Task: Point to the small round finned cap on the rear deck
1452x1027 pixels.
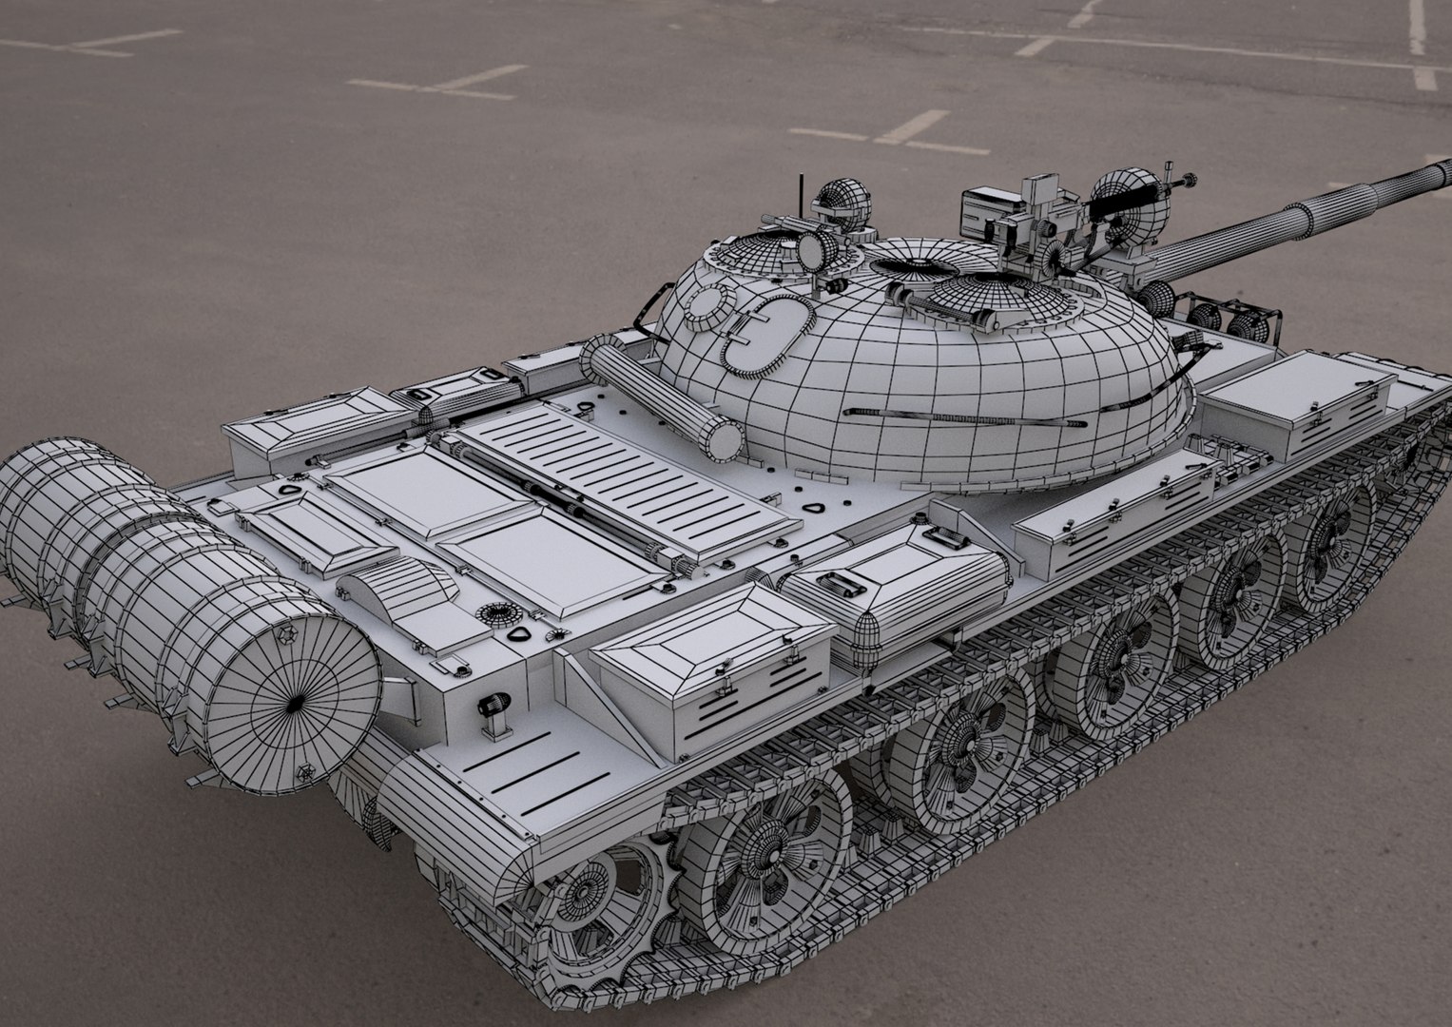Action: pos(494,613)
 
